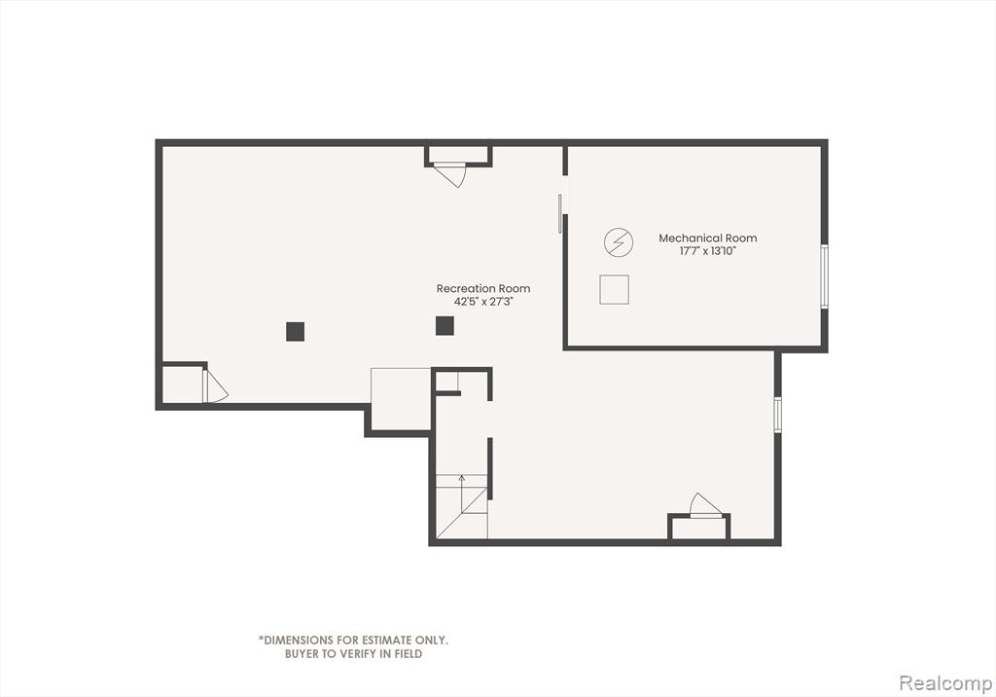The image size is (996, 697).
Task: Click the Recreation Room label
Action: (482, 288)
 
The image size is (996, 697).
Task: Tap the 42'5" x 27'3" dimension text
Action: (482, 302)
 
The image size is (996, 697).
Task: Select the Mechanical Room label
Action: (708, 238)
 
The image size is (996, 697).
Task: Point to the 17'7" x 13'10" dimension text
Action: (708, 250)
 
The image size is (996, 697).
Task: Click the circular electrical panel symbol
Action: (618, 242)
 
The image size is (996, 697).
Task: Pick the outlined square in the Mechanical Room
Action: (615, 289)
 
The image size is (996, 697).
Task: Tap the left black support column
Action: (295, 331)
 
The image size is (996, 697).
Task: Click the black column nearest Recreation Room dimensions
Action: (445, 325)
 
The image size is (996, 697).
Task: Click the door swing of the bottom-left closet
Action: (215, 386)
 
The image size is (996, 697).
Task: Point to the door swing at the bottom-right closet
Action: (706, 505)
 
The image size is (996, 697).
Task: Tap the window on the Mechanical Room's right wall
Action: (824, 276)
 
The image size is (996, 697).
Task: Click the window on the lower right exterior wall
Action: (777, 415)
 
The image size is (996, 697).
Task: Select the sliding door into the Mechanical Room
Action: (560, 214)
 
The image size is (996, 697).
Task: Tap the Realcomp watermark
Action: (945, 683)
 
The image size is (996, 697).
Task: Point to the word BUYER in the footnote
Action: (302, 654)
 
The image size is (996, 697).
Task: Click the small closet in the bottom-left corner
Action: (182, 385)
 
